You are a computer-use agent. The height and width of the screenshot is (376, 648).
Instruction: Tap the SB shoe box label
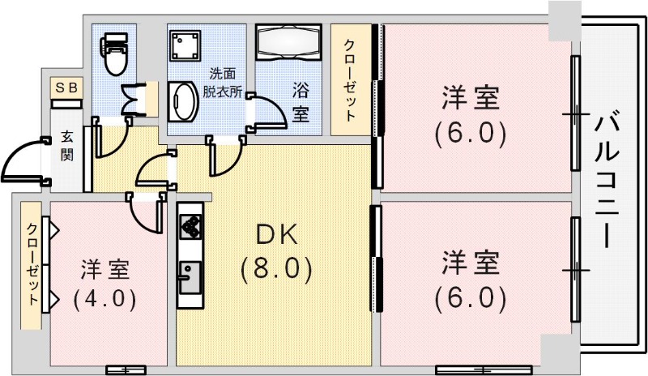[66, 87]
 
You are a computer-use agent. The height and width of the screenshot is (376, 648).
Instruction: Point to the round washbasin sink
[185, 102]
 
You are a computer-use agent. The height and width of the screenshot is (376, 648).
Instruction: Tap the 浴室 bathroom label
[301, 103]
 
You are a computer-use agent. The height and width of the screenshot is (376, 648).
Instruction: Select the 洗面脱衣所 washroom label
[221, 81]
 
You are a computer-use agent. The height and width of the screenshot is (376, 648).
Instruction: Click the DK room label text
[277, 234]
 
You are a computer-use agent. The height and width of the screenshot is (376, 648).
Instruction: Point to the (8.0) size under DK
[276, 268]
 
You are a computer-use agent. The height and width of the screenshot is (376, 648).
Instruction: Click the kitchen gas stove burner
[191, 228]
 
